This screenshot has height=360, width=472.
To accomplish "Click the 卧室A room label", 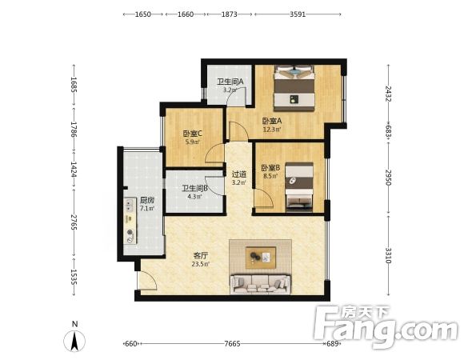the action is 272,121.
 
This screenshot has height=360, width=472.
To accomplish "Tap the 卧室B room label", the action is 270,168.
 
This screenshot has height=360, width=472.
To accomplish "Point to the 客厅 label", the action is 201,256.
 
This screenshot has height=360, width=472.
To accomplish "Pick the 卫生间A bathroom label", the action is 230,82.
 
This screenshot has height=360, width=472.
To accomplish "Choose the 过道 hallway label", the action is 239,174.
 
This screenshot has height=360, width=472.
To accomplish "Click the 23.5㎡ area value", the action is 201,265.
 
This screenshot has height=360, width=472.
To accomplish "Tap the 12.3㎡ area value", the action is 272,130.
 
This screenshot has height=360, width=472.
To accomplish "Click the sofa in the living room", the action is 261,284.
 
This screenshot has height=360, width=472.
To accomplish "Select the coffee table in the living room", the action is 261,258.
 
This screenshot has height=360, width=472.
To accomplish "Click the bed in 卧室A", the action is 294,87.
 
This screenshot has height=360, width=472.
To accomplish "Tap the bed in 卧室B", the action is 299,186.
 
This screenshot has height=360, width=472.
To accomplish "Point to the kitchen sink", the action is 130,205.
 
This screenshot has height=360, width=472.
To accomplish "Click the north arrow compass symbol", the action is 74,342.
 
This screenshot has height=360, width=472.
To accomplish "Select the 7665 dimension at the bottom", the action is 232,343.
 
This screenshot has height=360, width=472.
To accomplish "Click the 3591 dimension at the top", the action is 298,14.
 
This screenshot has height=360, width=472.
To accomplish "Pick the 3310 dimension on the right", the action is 388,255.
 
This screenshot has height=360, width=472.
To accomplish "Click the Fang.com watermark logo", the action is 386,327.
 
